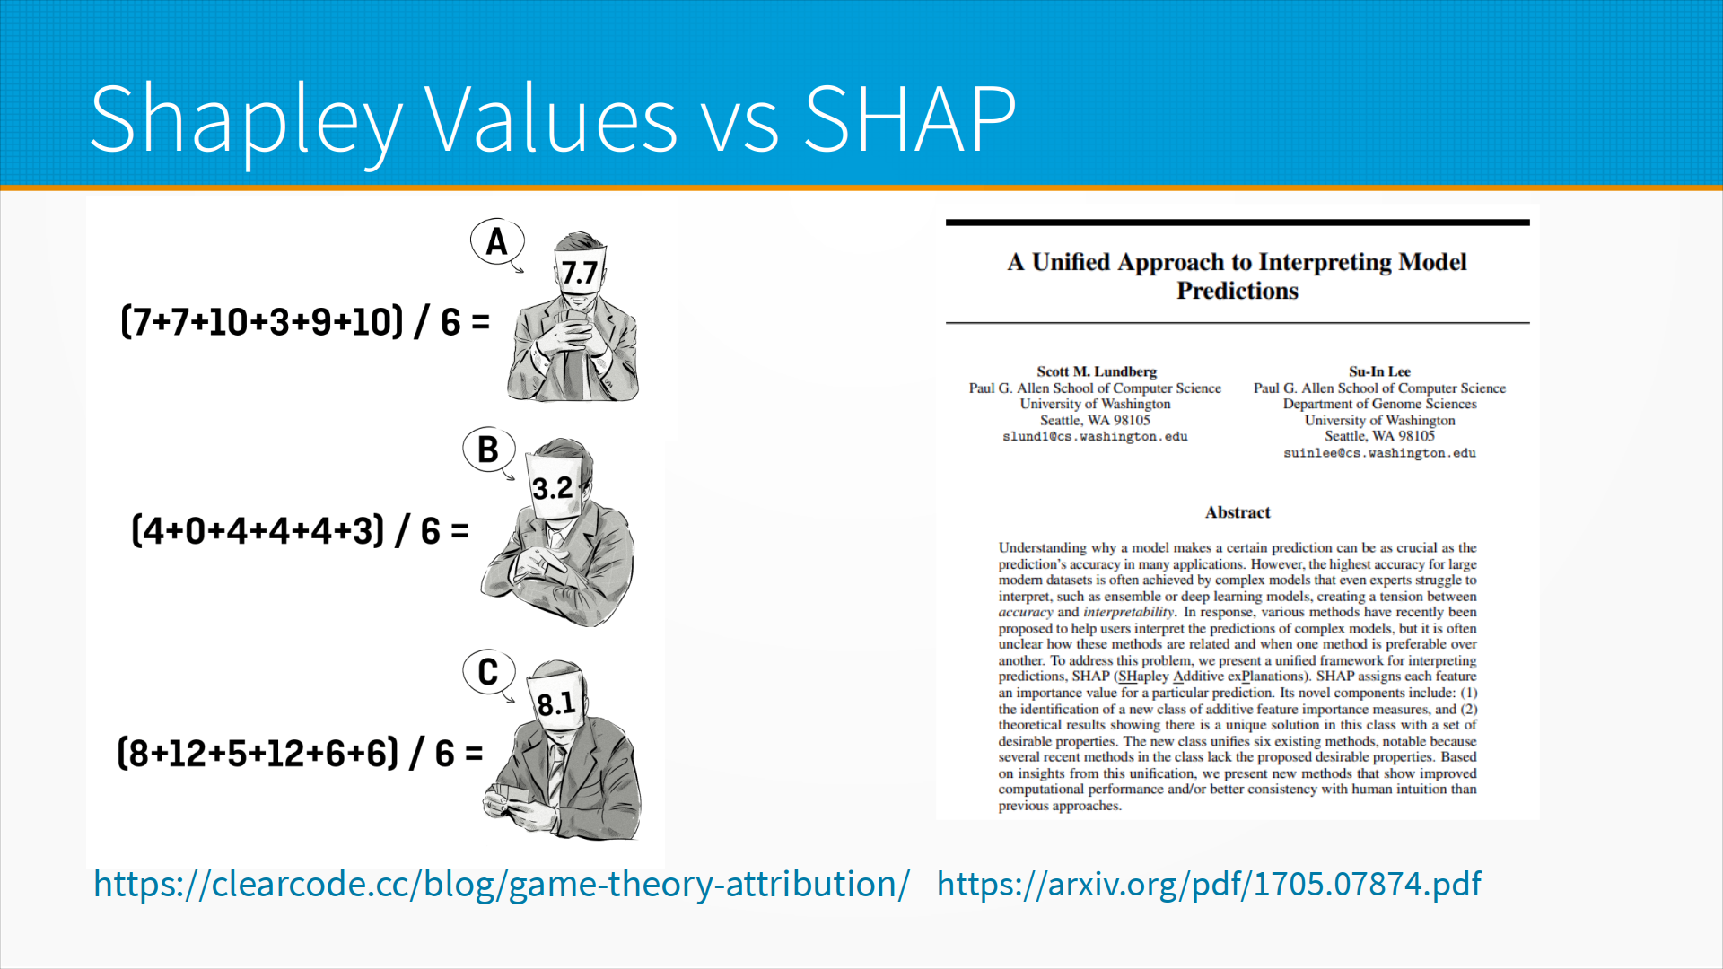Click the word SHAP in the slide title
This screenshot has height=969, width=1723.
click(x=910, y=118)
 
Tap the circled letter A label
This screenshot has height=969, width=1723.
click(x=496, y=241)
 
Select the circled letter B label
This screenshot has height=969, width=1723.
click(x=488, y=450)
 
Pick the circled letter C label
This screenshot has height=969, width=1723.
click(x=488, y=672)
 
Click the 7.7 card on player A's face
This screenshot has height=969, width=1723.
click(x=581, y=271)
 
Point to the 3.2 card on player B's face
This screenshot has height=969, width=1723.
click(x=554, y=487)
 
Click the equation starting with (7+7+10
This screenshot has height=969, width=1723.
click(x=305, y=321)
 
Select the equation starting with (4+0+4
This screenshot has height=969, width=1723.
click(x=300, y=530)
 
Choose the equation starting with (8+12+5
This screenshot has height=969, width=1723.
click(x=300, y=753)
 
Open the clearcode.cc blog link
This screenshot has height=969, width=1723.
click(x=502, y=885)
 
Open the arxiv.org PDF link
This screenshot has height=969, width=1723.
click(x=1209, y=885)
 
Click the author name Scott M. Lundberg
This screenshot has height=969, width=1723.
click(x=1097, y=371)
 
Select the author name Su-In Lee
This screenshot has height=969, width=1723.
click(x=1379, y=371)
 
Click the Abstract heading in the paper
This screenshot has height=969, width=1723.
click(x=1238, y=512)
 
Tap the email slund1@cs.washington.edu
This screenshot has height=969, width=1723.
click(x=1095, y=437)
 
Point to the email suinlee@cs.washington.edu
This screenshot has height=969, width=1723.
click(x=1379, y=453)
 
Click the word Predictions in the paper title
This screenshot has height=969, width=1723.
click(x=1238, y=291)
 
